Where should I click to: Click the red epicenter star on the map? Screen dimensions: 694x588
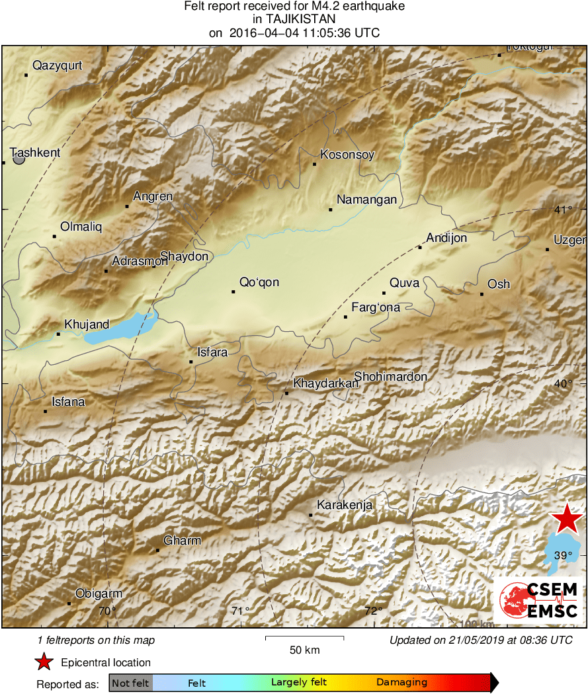pyautogui.click(x=567, y=519)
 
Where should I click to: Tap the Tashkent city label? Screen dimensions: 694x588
pyautogui.click(x=35, y=153)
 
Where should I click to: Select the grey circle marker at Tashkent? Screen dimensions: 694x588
pyautogui.click(x=19, y=159)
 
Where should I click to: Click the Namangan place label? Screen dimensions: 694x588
pyautogui.click(x=366, y=200)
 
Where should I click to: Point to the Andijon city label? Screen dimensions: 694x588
pyautogui.click(x=446, y=238)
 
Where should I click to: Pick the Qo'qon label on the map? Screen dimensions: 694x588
pyautogui.click(x=259, y=282)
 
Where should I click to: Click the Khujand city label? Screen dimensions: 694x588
pyautogui.click(x=87, y=324)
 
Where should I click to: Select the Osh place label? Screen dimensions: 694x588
pyautogui.click(x=499, y=284)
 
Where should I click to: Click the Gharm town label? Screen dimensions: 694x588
pyautogui.click(x=183, y=541)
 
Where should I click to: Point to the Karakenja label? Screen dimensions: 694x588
pyautogui.click(x=345, y=506)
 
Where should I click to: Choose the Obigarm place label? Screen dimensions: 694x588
pyautogui.click(x=99, y=594)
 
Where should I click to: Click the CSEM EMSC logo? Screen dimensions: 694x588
pyautogui.click(x=538, y=600)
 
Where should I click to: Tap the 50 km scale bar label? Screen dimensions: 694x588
pyautogui.click(x=305, y=650)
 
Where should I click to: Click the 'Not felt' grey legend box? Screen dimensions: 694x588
pyautogui.click(x=130, y=683)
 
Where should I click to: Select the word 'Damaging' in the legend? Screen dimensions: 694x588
pyautogui.click(x=401, y=683)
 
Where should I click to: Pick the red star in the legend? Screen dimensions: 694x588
pyautogui.click(x=44, y=662)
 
